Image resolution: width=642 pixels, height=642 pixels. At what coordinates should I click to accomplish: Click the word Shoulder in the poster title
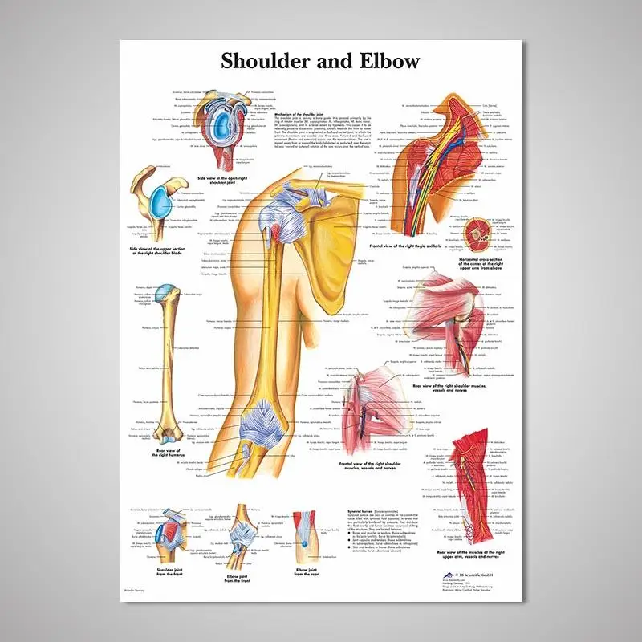pos(265,61)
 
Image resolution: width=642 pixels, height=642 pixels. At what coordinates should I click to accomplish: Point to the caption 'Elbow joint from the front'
pos(238,575)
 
